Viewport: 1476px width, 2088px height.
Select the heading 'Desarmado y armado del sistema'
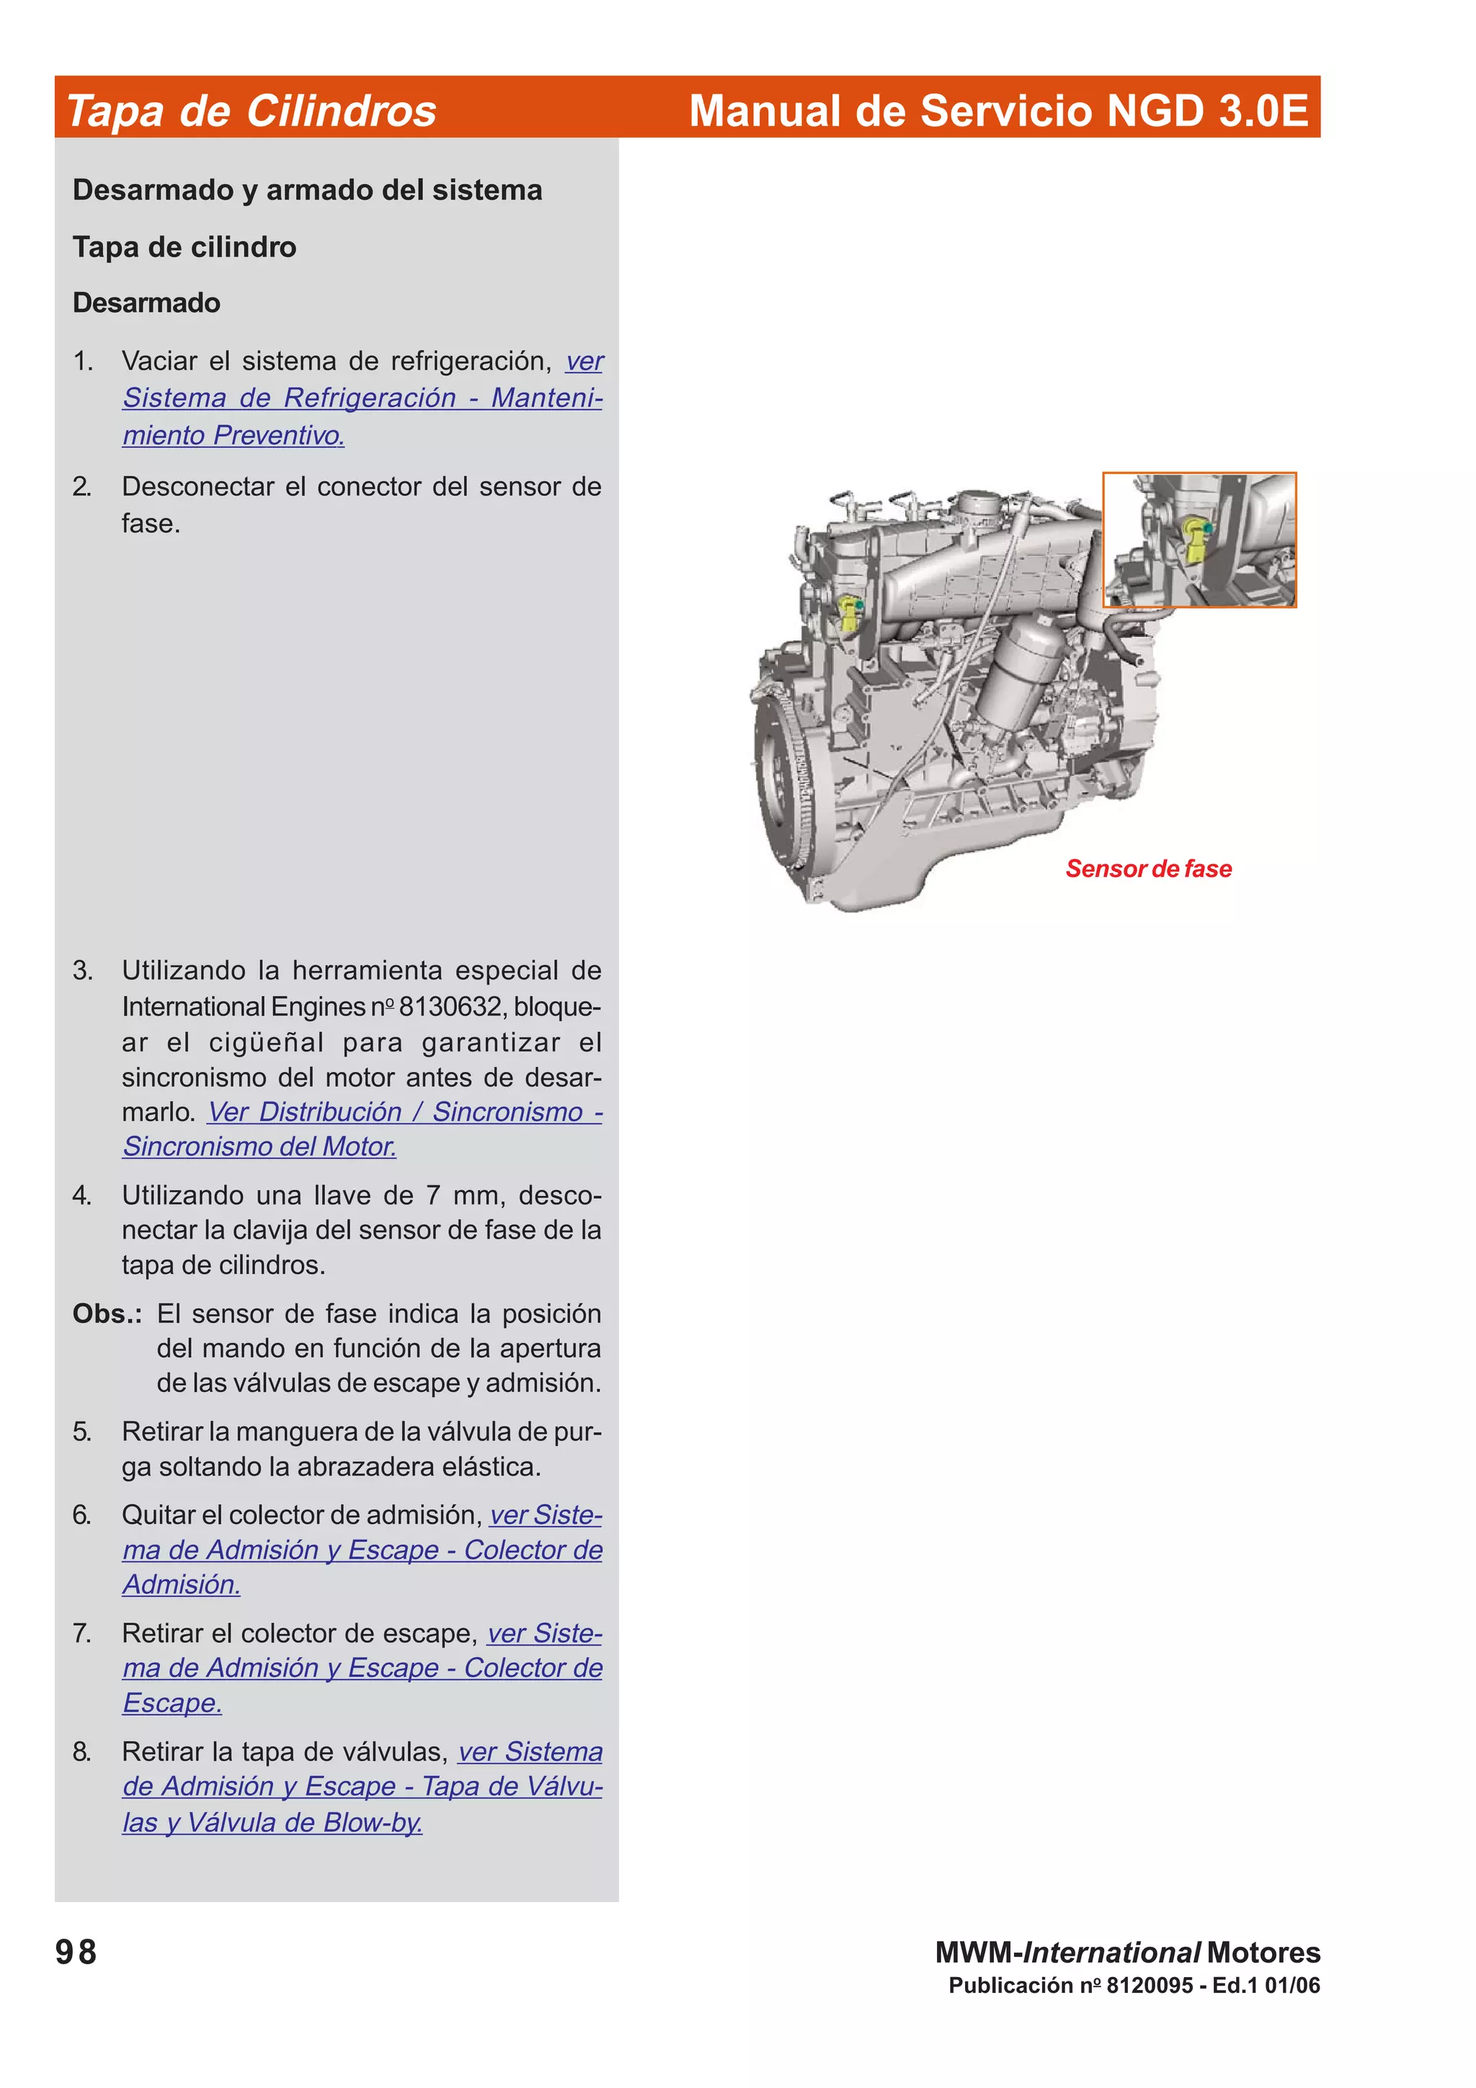(x=308, y=190)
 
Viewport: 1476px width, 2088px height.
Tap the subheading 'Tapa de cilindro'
(x=184, y=247)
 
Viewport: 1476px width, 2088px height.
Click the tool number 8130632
(x=450, y=1007)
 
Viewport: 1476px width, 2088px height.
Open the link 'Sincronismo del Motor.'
(x=259, y=1147)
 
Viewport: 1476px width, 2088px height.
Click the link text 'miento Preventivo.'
(x=234, y=436)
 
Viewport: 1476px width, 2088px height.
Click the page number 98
(x=76, y=1952)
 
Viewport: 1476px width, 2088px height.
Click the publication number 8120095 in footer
(x=1149, y=1985)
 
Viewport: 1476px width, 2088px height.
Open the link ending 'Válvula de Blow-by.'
(x=272, y=1822)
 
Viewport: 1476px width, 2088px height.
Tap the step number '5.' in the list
(x=82, y=1432)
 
